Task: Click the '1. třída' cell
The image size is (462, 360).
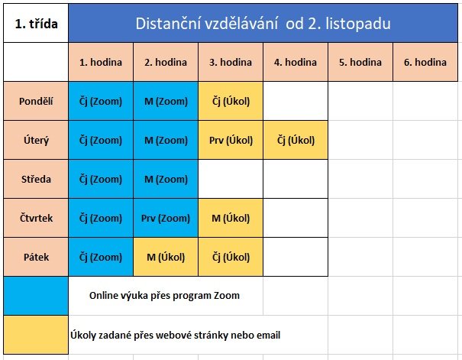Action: tap(36, 23)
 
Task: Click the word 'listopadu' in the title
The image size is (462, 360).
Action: tap(358, 24)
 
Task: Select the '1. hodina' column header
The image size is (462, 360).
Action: tap(101, 62)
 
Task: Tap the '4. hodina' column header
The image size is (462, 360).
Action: tap(296, 62)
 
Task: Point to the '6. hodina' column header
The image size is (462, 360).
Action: tap(425, 62)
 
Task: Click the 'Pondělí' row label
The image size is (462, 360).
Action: tap(36, 101)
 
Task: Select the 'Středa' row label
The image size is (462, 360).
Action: tap(36, 179)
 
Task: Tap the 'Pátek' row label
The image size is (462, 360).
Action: tap(36, 257)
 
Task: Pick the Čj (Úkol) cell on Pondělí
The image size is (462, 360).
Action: tap(231, 101)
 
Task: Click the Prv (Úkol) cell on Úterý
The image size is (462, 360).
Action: tap(231, 140)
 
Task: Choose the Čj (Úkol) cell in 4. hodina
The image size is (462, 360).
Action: tap(296, 140)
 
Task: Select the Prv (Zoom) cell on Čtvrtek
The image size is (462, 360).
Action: tap(166, 218)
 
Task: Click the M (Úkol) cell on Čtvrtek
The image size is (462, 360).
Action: tap(231, 218)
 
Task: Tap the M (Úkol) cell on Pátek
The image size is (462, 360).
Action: tap(166, 257)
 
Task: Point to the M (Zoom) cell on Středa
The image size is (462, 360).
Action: tap(166, 179)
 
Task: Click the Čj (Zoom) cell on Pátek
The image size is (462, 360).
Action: tap(101, 257)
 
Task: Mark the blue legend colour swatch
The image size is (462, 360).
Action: tap(36, 296)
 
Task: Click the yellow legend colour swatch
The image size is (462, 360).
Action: tap(36, 335)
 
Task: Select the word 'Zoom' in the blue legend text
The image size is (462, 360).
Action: tap(227, 296)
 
